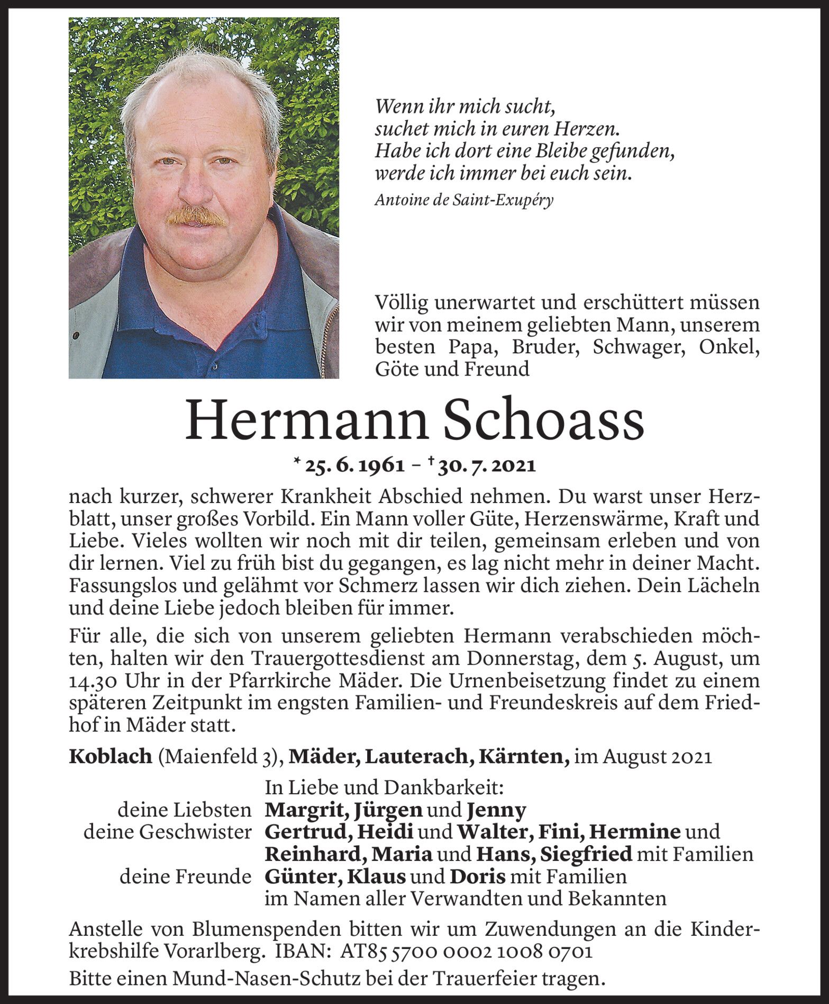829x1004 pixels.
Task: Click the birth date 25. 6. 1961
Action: click(x=353, y=466)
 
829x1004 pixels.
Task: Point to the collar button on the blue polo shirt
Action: click(x=215, y=365)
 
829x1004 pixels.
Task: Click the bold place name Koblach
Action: click(x=110, y=757)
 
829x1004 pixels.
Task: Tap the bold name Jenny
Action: click(x=497, y=810)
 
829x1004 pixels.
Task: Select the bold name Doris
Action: click(x=478, y=876)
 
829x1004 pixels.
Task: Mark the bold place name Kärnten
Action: click(x=522, y=757)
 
